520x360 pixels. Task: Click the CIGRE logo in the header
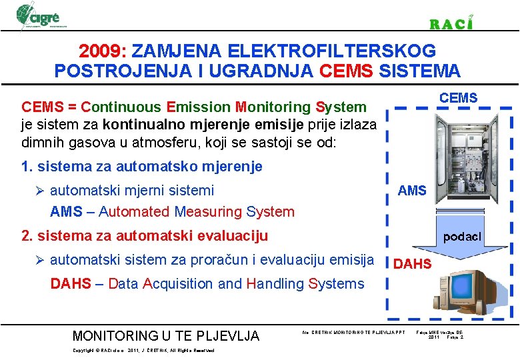pyautogui.click(x=41, y=15)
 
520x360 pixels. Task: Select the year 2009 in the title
pyautogui.click(x=102, y=51)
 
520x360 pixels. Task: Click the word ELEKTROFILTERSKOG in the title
pyautogui.click(x=332, y=51)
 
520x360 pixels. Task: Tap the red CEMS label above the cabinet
pyautogui.click(x=458, y=98)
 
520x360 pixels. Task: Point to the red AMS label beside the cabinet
pyautogui.click(x=411, y=191)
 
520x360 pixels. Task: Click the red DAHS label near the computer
pyautogui.click(x=412, y=264)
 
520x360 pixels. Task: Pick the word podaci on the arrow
pyautogui.click(x=463, y=237)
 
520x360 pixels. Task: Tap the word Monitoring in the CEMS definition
pyautogui.click(x=273, y=107)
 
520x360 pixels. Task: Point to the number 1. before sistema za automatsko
pyautogui.click(x=27, y=166)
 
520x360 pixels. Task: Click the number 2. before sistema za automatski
pyautogui.click(x=27, y=235)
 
